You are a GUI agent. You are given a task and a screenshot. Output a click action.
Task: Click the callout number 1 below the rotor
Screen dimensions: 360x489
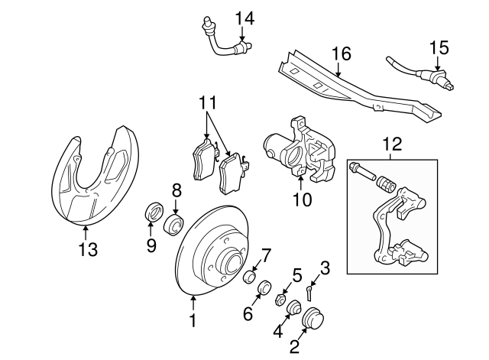click(x=193, y=322)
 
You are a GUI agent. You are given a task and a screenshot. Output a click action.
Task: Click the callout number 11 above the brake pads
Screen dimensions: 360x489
click(x=209, y=102)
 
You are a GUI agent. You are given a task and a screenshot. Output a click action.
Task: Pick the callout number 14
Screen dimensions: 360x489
click(x=243, y=17)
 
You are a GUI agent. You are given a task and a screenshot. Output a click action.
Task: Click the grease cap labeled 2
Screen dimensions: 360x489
click(x=313, y=318)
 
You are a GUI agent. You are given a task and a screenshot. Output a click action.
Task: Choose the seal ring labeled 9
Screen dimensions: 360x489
click(x=151, y=212)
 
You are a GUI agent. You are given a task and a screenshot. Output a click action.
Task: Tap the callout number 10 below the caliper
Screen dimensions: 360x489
click(x=303, y=201)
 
